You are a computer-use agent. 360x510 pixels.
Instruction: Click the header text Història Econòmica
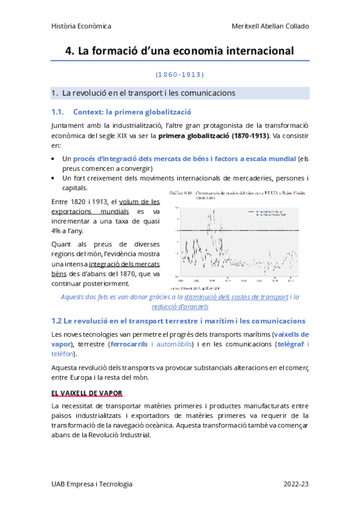coord(81,26)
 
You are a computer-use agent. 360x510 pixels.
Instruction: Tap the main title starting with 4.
coord(180,51)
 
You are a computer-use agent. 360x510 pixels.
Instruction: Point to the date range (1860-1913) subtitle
coord(180,75)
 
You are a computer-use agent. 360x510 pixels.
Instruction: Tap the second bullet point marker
coord(55,179)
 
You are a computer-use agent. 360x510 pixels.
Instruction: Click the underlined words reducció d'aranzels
coord(180,306)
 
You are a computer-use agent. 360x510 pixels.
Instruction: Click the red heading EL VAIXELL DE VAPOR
coord(87,393)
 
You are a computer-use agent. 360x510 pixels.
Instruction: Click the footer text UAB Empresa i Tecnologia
coord(92,484)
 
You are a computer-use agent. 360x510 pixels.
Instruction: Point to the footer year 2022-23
coord(296,484)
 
